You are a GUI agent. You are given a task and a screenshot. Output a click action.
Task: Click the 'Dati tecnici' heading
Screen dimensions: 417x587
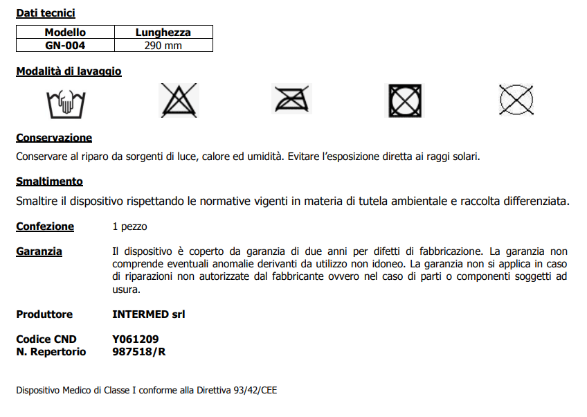tap(46, 13)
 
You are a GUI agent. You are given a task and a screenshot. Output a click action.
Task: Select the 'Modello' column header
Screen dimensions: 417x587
tap(65, 32)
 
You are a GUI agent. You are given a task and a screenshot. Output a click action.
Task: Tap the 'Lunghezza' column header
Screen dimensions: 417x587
tap(163, 32)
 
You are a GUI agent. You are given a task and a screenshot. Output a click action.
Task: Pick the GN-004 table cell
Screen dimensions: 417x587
tap(65, 45)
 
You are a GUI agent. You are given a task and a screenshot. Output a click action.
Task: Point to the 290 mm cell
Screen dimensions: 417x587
tap(163, 45)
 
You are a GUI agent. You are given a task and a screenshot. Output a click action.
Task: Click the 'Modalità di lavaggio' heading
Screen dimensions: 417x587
tap(69, 71)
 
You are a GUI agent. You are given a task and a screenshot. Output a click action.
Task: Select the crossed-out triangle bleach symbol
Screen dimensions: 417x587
tap(179, 100)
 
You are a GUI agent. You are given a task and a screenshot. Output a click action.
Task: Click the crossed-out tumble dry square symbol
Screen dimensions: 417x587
tap(403, 100)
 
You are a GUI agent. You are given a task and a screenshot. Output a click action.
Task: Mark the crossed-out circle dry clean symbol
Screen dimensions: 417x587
tap(517, 100)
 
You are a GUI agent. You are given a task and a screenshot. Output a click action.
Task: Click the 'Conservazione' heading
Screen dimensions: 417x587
tap(54, 138)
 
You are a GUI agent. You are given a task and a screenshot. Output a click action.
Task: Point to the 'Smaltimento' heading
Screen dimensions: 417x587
tap(49, 181)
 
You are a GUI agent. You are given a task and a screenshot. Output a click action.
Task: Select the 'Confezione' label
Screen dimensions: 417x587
tap(45, 227)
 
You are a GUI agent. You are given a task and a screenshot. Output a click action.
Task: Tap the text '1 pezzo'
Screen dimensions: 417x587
tap(129, 227)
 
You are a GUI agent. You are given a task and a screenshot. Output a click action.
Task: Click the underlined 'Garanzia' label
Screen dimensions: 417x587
tap(39, 251)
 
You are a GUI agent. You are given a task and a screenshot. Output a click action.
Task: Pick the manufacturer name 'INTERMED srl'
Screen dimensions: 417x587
tap(148, 314)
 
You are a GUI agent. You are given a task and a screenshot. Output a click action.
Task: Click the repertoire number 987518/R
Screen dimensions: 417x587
tap(138, 352)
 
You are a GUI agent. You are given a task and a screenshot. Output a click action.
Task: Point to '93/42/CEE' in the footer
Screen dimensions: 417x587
tap(253, 391)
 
